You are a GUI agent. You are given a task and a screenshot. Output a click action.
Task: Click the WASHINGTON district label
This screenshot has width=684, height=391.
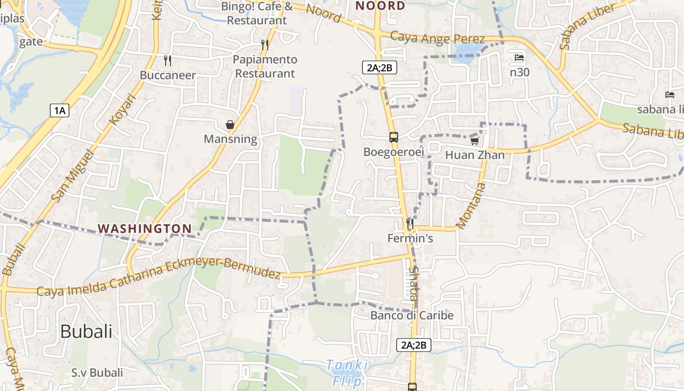(145, 228)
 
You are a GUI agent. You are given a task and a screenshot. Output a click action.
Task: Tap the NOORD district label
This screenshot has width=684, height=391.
(380, 6)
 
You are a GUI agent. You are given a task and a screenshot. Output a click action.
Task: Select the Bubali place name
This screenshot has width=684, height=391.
(86, 331)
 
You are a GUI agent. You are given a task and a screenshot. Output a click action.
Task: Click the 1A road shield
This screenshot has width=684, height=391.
(59, 110)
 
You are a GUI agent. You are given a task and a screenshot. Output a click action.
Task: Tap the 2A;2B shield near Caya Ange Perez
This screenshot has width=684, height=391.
(379, 67)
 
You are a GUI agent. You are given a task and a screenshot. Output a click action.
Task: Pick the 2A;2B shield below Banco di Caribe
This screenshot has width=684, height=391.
(413, 345)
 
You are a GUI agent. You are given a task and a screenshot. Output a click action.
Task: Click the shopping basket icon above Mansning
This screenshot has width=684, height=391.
(230, 125)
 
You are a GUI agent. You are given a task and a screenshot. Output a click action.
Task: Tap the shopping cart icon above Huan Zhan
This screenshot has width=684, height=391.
(474, 141)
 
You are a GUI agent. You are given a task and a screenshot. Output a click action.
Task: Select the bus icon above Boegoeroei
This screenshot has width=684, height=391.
(393, 137)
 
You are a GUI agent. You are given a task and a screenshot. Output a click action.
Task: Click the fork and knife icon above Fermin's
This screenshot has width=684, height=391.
(410, 223)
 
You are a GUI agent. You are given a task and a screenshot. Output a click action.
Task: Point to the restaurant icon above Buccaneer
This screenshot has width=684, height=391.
(168, 60)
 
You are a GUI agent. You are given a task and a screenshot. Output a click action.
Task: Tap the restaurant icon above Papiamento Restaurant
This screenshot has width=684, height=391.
(264, 45)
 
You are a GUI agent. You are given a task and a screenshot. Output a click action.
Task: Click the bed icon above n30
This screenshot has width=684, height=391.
(519, 58)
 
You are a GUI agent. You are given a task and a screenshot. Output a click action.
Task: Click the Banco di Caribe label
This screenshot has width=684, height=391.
(412, 315)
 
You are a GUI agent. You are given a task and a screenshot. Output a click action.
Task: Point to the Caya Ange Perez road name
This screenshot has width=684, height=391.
(438, 38)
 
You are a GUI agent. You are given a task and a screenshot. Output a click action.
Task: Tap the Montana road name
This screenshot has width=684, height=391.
(471, 205)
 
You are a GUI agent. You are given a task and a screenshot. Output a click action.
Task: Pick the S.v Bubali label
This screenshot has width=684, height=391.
(97, 372)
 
